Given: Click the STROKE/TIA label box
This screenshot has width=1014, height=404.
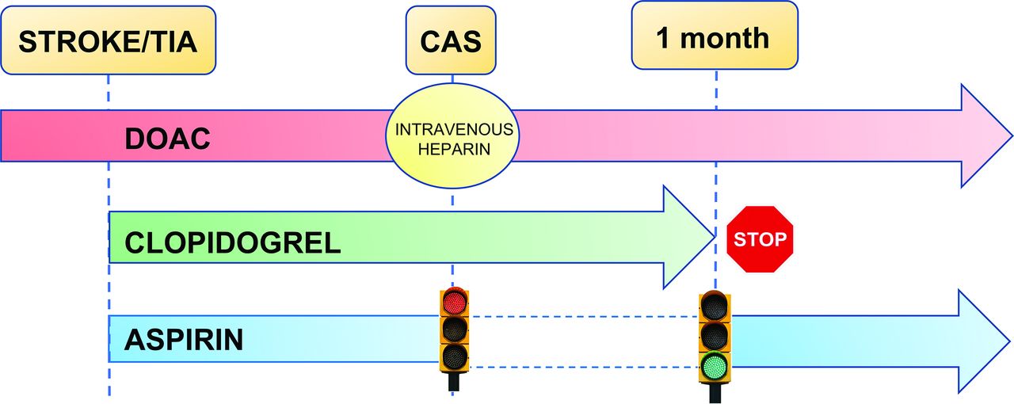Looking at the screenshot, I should (x=108, y=40).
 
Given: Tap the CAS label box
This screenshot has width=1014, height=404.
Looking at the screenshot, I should (x=452, y=40).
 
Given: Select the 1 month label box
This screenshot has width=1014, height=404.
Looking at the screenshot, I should (x=713, y=36).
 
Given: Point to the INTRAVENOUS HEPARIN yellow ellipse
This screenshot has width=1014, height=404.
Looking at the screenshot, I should (x=452, y=139).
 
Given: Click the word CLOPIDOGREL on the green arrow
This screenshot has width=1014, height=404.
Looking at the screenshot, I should (x=233, y=242).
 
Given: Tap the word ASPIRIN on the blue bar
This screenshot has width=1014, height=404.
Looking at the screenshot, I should (x=184, y=340).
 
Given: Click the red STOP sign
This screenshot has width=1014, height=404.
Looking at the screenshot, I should (x=760, y=239).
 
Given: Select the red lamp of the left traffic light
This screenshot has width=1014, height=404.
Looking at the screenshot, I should (x=454, y=302).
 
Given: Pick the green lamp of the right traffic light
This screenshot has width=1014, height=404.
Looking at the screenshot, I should (x=715, y=365).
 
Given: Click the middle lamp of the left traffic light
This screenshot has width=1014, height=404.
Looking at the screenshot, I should (x=454, y=329).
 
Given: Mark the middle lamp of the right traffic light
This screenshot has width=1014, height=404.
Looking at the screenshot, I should (x=715, y=335).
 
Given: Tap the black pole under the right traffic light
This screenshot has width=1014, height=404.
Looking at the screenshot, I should (x=715, y=392).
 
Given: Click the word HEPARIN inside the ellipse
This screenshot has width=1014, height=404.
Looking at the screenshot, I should (x=452, y=148).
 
